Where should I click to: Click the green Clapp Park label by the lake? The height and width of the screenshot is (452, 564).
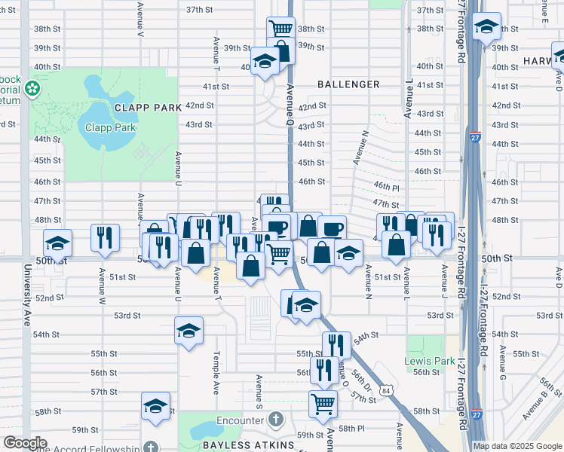[x=110, y=127]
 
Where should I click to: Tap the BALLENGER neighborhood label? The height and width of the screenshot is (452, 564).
[x=348, y=84]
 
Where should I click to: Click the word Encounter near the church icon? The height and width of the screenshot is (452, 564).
[x=236, y=418]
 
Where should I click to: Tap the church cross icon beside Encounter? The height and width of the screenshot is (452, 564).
[x=276, y=418]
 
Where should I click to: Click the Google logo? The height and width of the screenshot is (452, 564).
[x=24, y=443]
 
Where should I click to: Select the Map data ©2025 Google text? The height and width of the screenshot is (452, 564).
[x=517, y=446]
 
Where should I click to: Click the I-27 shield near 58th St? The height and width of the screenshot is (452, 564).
[x=477, y=414]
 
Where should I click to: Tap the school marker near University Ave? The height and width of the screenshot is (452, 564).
[x=57, y=243]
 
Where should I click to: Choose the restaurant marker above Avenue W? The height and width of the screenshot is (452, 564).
[x=105, y=236]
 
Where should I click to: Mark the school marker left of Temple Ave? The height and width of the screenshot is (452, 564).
[x=189, y=330]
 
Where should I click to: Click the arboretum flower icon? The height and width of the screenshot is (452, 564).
[x=32, y=90]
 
